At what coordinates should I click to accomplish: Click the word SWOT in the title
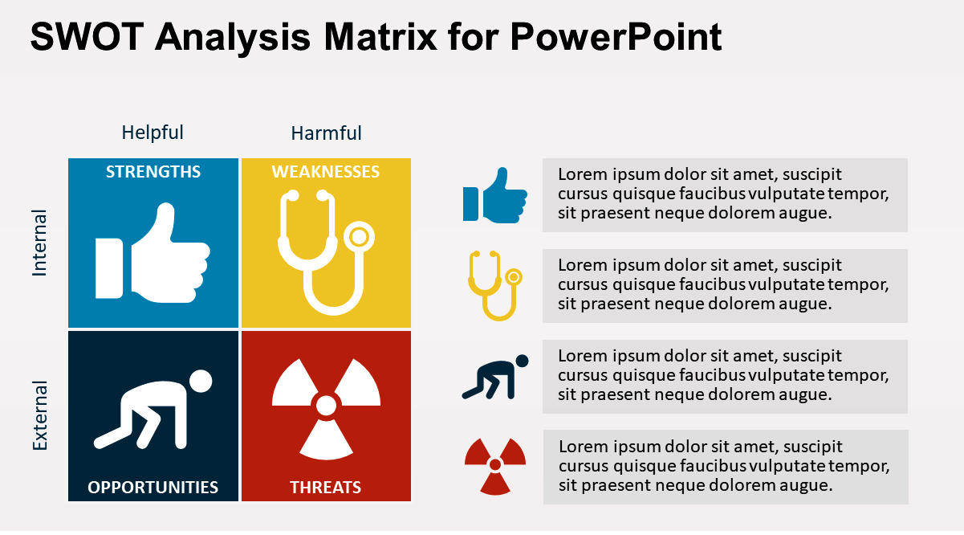tap(87, 37)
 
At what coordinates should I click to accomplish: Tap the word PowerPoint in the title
tap(616, 37)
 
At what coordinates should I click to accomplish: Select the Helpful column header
tap(153, 133)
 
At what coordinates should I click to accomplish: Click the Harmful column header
tap(326, 133)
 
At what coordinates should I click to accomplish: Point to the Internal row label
tap(39, 243)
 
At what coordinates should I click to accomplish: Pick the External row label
tap(39, 415)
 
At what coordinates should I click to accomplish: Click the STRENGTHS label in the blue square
tap(153, 172)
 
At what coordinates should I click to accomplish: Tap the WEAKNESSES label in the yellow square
tap(325, 172)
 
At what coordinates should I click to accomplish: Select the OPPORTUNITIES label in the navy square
tap(153, 487)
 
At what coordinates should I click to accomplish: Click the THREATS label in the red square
tap(325, 487)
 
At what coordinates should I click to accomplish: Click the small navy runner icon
tap(495, 378)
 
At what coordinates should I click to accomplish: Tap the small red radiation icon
tap(495, 465)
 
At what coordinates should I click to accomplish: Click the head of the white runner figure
tap(201, 382)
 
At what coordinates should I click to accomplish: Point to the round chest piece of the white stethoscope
tap(359, 236)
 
